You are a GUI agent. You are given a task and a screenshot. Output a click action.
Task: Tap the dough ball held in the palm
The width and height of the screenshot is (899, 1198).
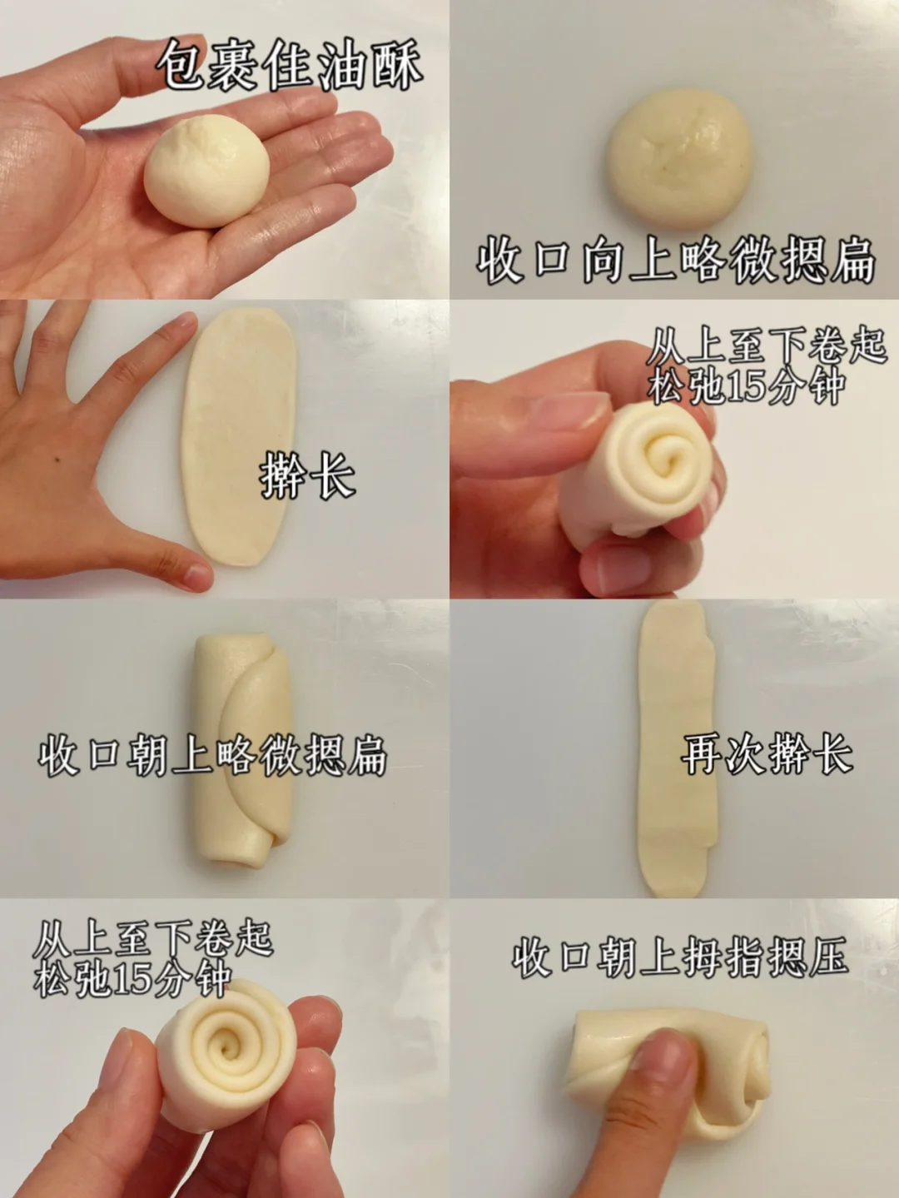(206, 171)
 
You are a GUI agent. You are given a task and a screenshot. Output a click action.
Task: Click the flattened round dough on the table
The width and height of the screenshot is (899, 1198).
(680, 159)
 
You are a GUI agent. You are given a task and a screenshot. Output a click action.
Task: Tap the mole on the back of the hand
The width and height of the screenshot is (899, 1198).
(59, 462)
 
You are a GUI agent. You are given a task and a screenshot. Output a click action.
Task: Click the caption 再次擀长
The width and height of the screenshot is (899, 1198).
(767, 753)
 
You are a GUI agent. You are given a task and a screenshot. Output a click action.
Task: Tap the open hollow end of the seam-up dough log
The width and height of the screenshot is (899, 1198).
(244, 860)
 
